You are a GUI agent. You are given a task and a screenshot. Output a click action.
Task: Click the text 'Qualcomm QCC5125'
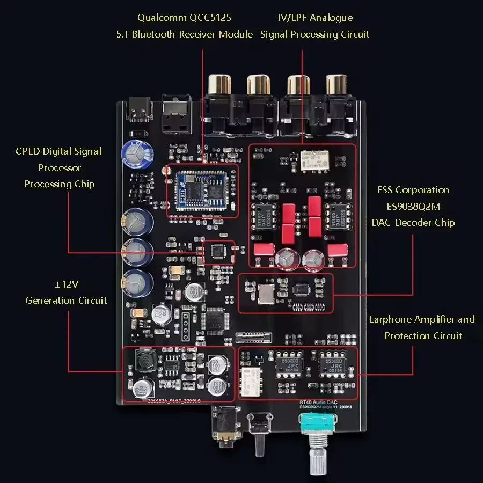point(184,18)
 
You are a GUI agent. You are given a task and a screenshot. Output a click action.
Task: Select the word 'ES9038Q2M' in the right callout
point(413,206)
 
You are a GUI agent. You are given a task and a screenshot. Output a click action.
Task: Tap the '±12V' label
point(67,284)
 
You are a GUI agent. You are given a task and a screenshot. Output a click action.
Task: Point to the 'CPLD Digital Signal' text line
point(58,151)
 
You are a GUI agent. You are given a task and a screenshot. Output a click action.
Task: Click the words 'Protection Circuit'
point(423,336)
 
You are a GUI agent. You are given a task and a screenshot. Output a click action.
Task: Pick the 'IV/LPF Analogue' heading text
point(315,18)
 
